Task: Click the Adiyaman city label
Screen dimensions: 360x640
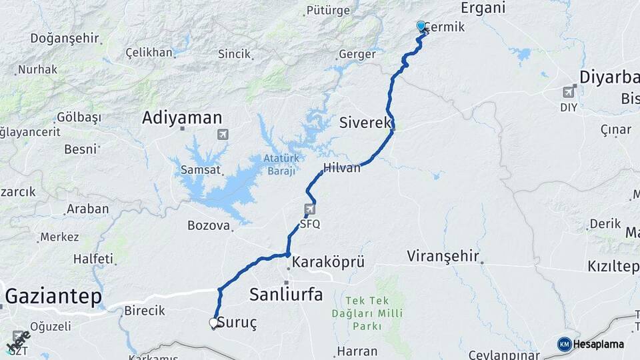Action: pos(181,119)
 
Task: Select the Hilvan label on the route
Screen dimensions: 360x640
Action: pos(341,168)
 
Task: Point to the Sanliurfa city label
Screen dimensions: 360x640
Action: pos(285,294)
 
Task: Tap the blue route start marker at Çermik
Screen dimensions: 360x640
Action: pos(421,27)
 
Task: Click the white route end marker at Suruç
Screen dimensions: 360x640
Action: pos(213,323)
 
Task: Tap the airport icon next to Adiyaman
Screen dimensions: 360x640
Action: pos(222,135)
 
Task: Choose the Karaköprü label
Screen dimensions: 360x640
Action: pos(328,262)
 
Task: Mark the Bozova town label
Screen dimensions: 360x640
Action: pos(208,225)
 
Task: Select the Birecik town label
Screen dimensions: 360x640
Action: pos(145,311)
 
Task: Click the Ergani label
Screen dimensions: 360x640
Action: pos(483,8)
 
